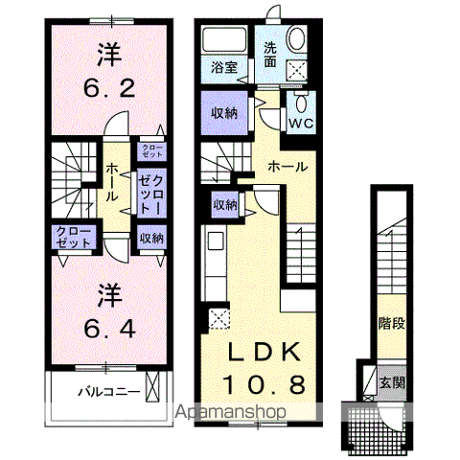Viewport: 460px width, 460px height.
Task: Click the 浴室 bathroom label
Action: (x=226, y=68)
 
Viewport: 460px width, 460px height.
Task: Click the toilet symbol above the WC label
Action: (x=302, y=104)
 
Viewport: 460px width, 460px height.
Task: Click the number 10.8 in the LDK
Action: (x=265, y=385)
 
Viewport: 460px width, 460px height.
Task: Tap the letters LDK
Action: (x=265, y=352)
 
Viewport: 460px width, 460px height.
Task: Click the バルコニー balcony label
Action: (x=108, y=392)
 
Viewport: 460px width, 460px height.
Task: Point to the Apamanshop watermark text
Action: (x=229, y=413)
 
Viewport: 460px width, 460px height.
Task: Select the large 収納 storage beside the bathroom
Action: (x=225, y=113)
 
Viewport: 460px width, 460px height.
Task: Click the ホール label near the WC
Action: (x=287, y=167)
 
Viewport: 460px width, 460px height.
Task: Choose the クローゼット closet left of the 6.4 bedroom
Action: (x=73, y=238)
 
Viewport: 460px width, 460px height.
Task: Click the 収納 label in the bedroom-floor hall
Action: (x=149, y=238)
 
